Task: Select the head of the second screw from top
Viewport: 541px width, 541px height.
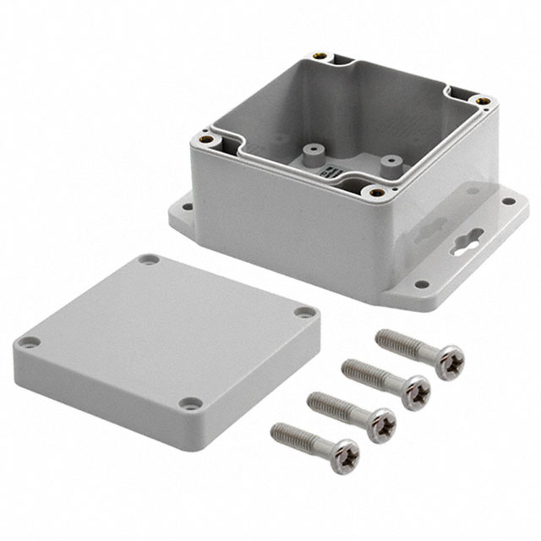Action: tap(414, 391)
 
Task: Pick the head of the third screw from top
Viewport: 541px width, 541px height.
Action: tap(380, 424)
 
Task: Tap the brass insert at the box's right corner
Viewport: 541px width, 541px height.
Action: tap(483, 101)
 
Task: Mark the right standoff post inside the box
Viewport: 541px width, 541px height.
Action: tap(390, 161)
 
